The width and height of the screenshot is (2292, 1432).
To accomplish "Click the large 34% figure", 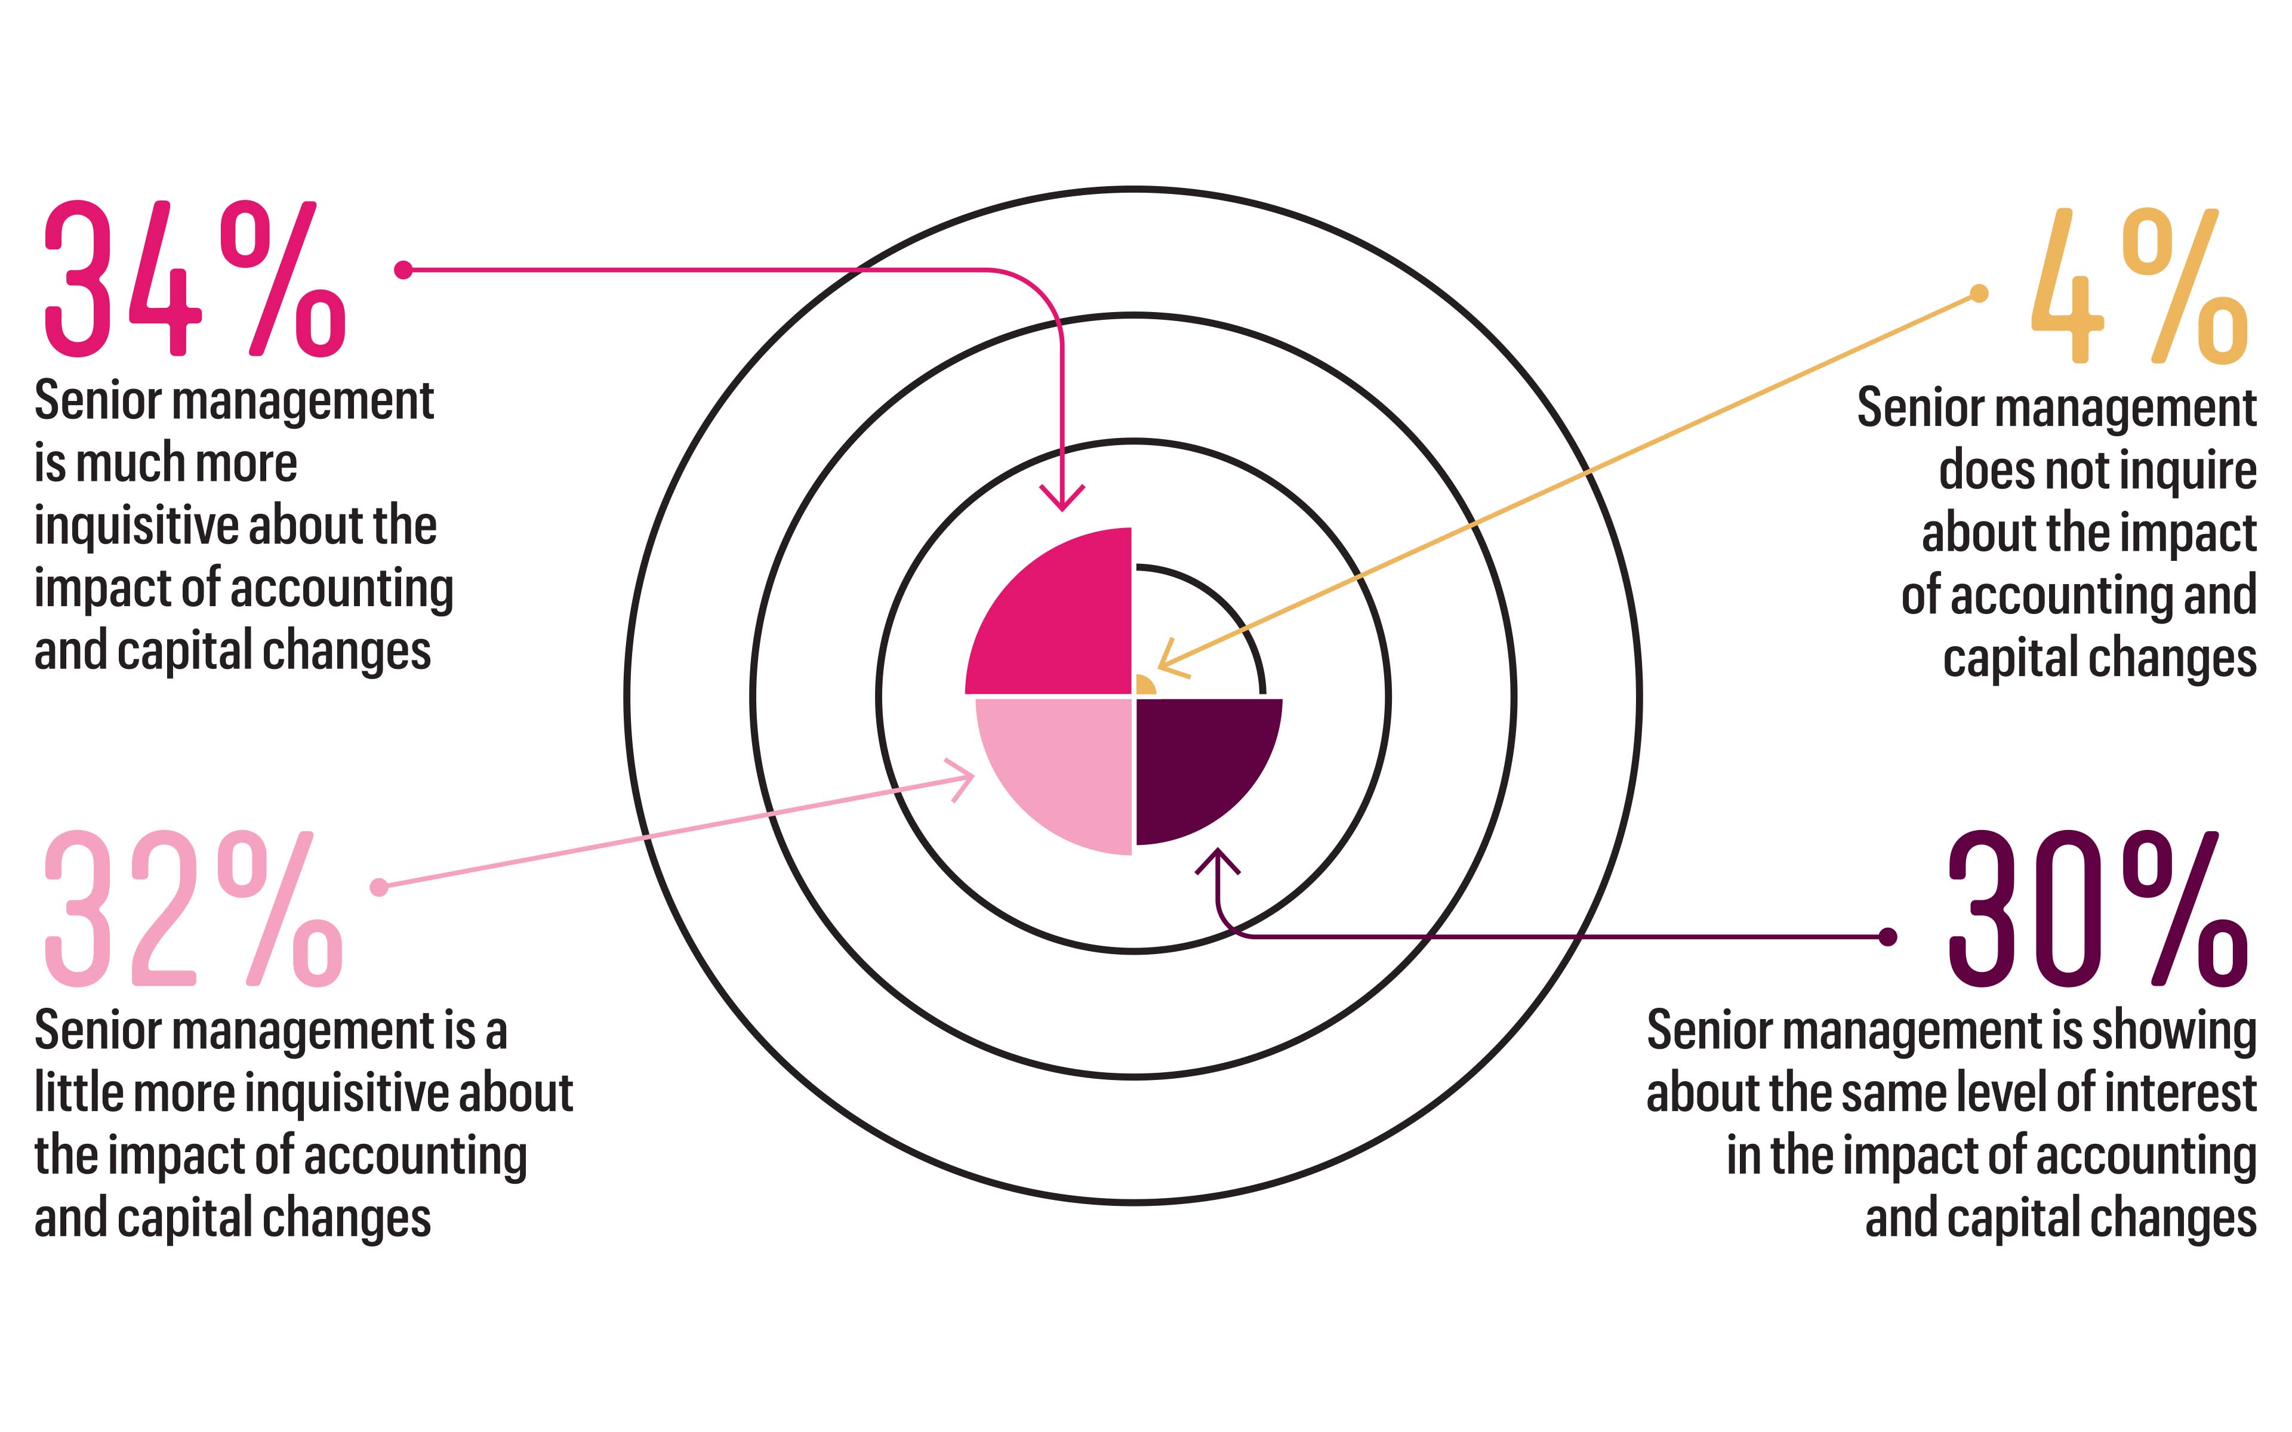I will tap(194, 279).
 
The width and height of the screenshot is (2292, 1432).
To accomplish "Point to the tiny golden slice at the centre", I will tap(1142, 687).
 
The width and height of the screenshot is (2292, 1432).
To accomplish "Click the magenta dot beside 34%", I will tap(403, 270).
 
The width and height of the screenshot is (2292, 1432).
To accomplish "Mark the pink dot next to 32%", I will tap(379, 887).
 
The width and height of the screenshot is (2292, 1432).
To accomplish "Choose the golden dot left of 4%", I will tap(1979, 294).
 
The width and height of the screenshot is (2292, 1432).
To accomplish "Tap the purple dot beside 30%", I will tap(1887, 937).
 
